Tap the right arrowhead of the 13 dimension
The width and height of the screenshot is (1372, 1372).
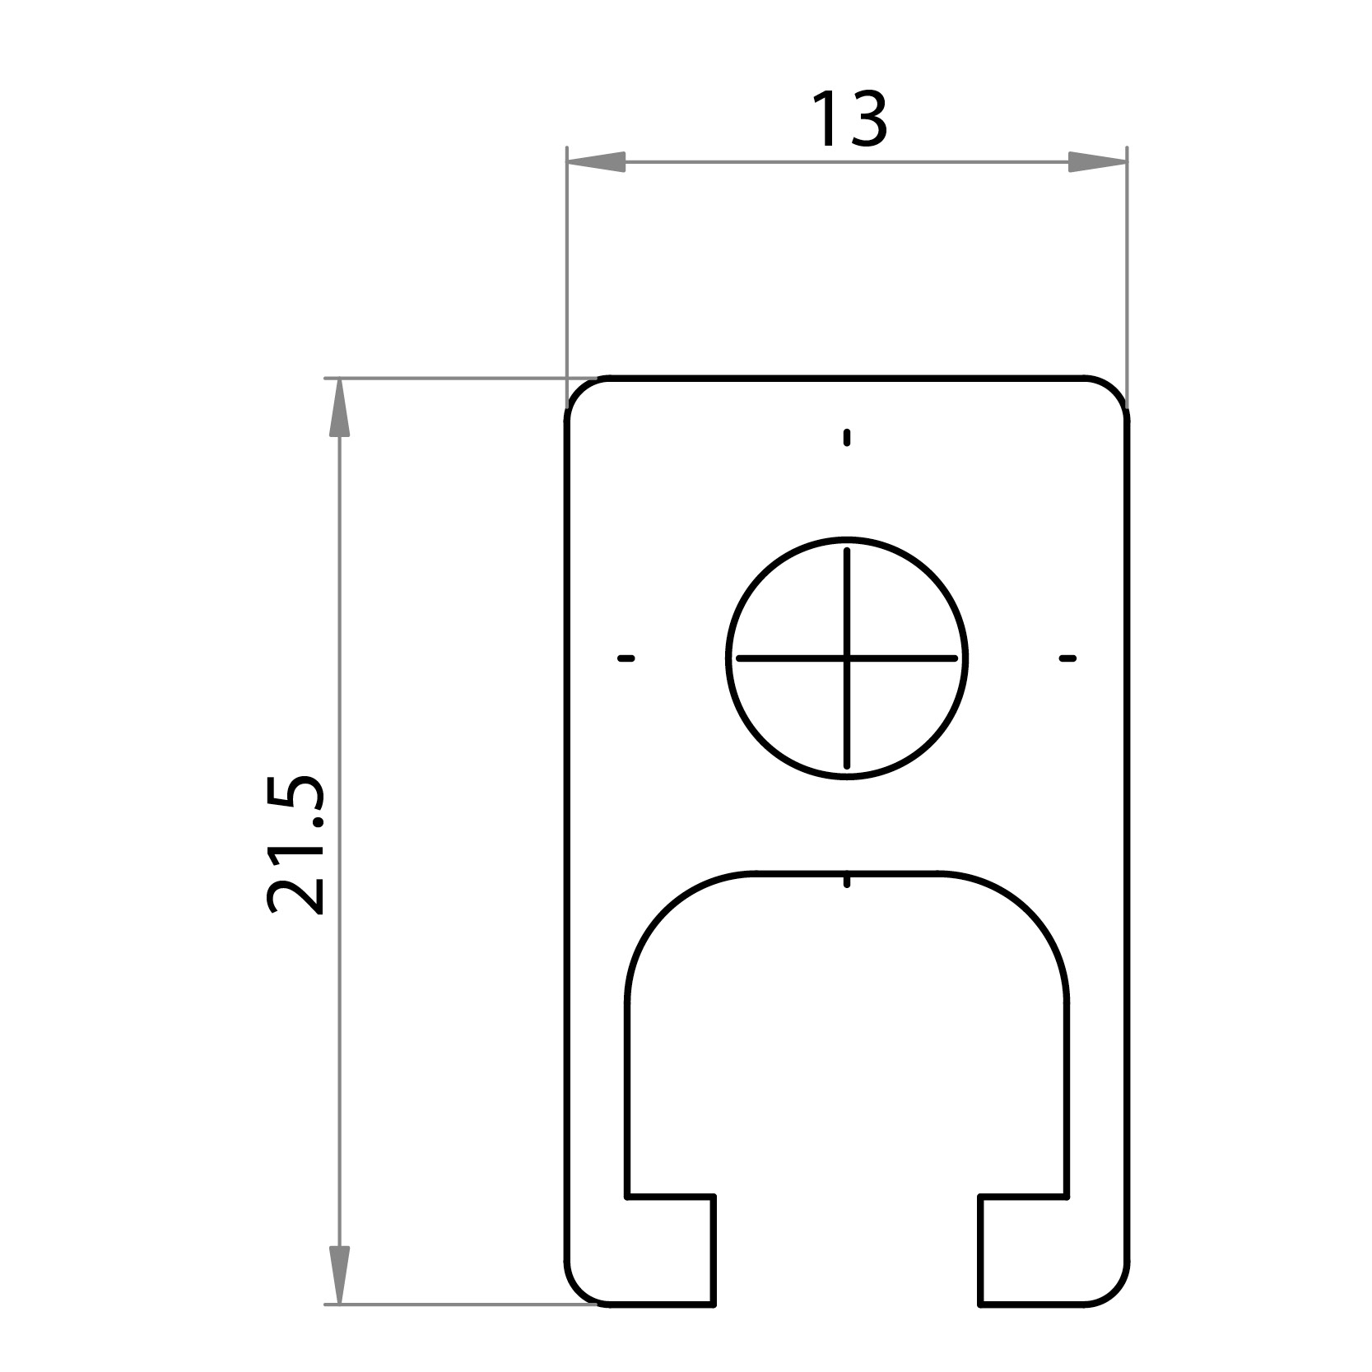[x=1097, y=162]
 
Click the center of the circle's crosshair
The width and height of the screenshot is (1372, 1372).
[x=847, y=658]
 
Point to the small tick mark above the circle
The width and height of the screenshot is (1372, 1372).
[x=847, y=437]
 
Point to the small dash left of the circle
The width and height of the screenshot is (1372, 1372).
[x=626, y=658]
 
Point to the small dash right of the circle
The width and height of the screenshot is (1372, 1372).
[x=1067, y=658]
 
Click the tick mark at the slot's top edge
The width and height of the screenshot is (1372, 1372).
[x=847, y=881]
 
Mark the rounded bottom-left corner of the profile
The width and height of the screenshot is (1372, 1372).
[x=579, y=1314]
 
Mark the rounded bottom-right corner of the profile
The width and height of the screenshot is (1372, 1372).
[x=1115, y=1314]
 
